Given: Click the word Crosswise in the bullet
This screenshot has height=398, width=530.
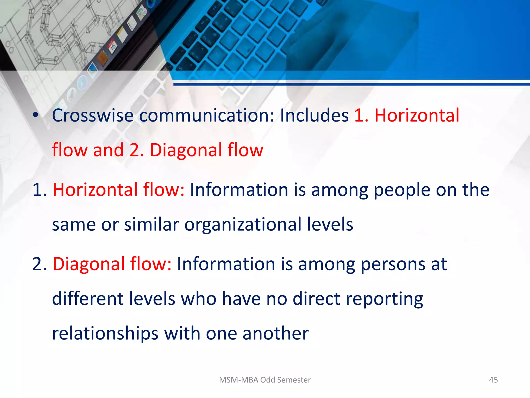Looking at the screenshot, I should tap(93, 115).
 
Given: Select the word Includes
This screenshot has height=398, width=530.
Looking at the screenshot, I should tap(314, 115).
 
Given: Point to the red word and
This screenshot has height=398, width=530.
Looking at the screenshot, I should tap(108, 150).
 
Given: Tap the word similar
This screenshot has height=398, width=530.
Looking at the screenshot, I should tap(151, 224).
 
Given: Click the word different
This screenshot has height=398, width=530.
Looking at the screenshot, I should tap(87, 299).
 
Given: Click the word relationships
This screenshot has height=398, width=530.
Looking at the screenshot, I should tap(105, 334).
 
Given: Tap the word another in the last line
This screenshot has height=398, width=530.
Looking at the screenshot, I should tap(275, 333).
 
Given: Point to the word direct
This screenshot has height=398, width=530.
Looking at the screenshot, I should tap(316, 299).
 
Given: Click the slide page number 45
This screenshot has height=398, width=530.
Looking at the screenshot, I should tap(493, 380).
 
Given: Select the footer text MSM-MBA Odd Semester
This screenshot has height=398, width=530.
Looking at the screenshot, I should tap(265, 380).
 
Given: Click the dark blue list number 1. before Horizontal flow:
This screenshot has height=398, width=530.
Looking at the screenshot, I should tap(39, 190).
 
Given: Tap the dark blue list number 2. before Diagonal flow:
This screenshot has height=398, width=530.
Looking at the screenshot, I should tap(39, 264).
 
